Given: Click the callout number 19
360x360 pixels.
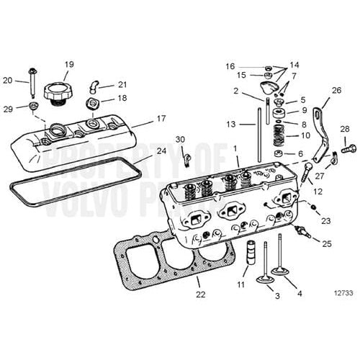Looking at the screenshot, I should coord(69,65).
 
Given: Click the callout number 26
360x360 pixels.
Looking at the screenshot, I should coord(336,91).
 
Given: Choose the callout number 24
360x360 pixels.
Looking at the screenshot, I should coord(161,151).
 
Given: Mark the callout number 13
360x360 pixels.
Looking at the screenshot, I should coord(231,125).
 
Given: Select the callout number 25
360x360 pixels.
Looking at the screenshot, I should coord(327,244).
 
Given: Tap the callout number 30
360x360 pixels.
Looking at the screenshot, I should coord(180,139).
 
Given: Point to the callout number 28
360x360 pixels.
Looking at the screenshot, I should coord(344,130).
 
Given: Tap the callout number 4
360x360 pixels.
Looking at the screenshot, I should coord(300,293).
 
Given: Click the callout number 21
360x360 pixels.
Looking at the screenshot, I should coord(122,84).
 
